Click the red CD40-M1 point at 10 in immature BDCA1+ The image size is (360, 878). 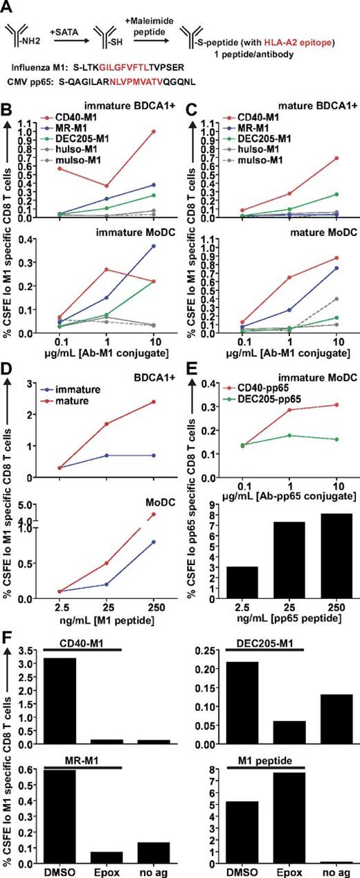click(164, 132)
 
